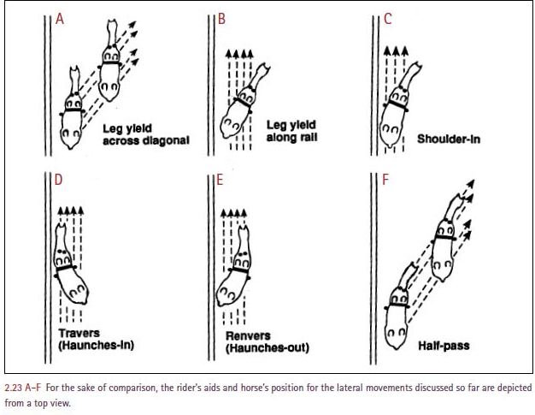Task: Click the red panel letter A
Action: click(x=59, y=20)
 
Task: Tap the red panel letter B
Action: click(x=221, y=20)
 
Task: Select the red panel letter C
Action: click(x=387, y=20)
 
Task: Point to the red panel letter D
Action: click(x=59, y=181)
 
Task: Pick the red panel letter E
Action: click(x=221, y=181)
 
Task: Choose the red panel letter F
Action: click(x=387, y=181)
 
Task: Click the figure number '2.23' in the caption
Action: click(x=15, y=387)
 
